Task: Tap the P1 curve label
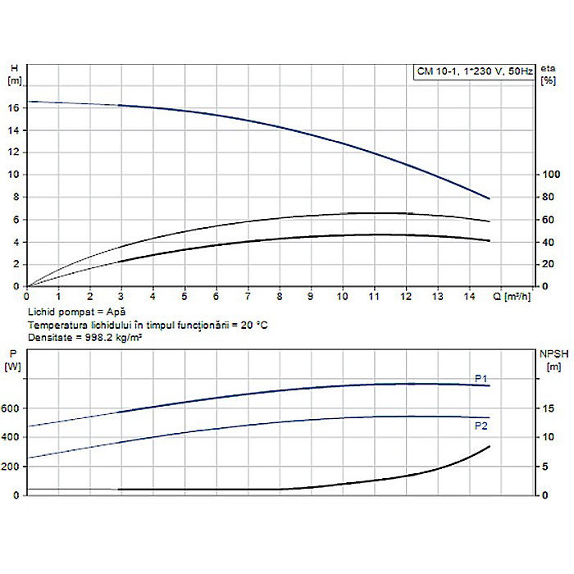coord(481,378)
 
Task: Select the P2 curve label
coord(481,426)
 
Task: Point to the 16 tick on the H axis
coord(13,107)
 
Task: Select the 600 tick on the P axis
coord(11,408)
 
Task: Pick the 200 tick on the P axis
coord(11,467)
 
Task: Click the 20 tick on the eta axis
coord(550,264)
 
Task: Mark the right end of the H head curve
coord(490,198)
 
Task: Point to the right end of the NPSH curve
coord(490,446)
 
